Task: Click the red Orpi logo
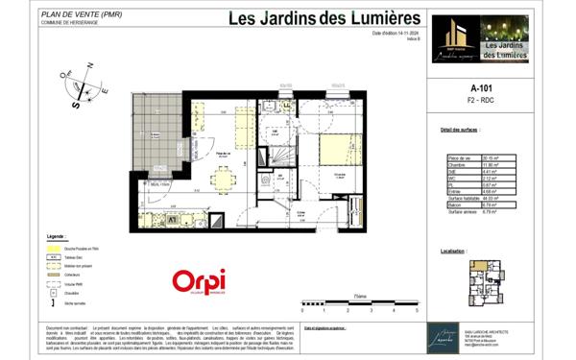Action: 199,280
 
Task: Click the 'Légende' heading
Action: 57,234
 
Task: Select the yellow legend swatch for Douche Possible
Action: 53,248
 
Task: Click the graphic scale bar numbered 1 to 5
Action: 359,304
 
